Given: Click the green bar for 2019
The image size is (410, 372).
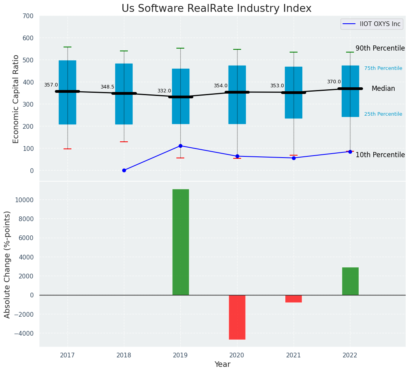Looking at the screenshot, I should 180,242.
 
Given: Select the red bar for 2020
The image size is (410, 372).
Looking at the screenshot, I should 237,317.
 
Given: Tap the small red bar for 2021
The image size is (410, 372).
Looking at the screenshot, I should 294,299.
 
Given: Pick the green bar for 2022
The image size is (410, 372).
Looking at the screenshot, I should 350,281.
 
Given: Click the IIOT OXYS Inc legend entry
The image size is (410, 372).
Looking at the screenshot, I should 371,24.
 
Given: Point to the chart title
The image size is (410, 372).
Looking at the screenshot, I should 216,9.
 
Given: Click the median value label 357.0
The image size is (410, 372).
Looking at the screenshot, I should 51,85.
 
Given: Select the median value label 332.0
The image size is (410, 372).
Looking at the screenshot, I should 164,91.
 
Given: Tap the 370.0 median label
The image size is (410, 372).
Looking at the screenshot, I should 334,82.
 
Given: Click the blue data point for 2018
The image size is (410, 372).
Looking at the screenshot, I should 124,170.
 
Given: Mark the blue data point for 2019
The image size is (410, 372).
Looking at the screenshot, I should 180,146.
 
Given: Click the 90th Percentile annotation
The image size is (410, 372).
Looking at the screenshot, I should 380,48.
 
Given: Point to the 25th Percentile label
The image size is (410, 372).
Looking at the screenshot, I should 383,114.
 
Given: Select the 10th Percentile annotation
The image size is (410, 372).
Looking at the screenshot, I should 380,155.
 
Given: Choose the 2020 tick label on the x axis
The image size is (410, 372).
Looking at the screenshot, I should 237,355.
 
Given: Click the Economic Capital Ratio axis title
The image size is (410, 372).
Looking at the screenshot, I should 16,99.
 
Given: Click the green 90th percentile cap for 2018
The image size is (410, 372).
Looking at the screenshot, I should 124,51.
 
